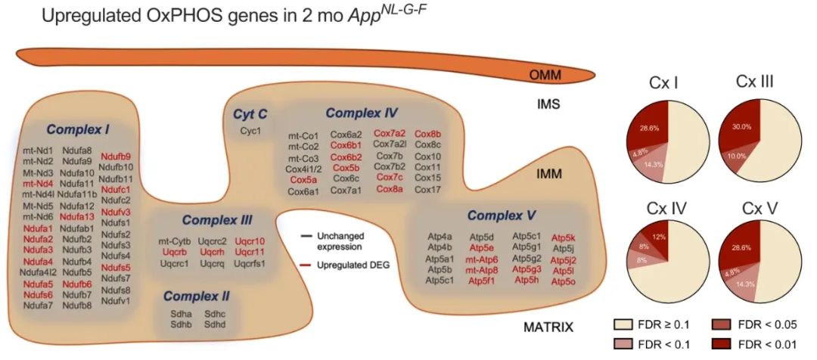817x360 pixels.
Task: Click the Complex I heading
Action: tap(77, 130)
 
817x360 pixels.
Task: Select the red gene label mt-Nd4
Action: tap(37, 183)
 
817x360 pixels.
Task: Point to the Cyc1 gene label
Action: tap(250, 131)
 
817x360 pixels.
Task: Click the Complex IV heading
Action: tap(362, 113)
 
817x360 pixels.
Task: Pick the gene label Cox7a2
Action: tap(390, 133)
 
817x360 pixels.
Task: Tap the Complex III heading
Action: tap(217, 221)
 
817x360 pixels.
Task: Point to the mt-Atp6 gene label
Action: tap(481, 259)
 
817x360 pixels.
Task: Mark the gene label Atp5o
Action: tap(563, 281)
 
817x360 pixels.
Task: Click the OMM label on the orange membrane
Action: tap(545, 74)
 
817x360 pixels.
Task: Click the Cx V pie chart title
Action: tap(750, 208)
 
